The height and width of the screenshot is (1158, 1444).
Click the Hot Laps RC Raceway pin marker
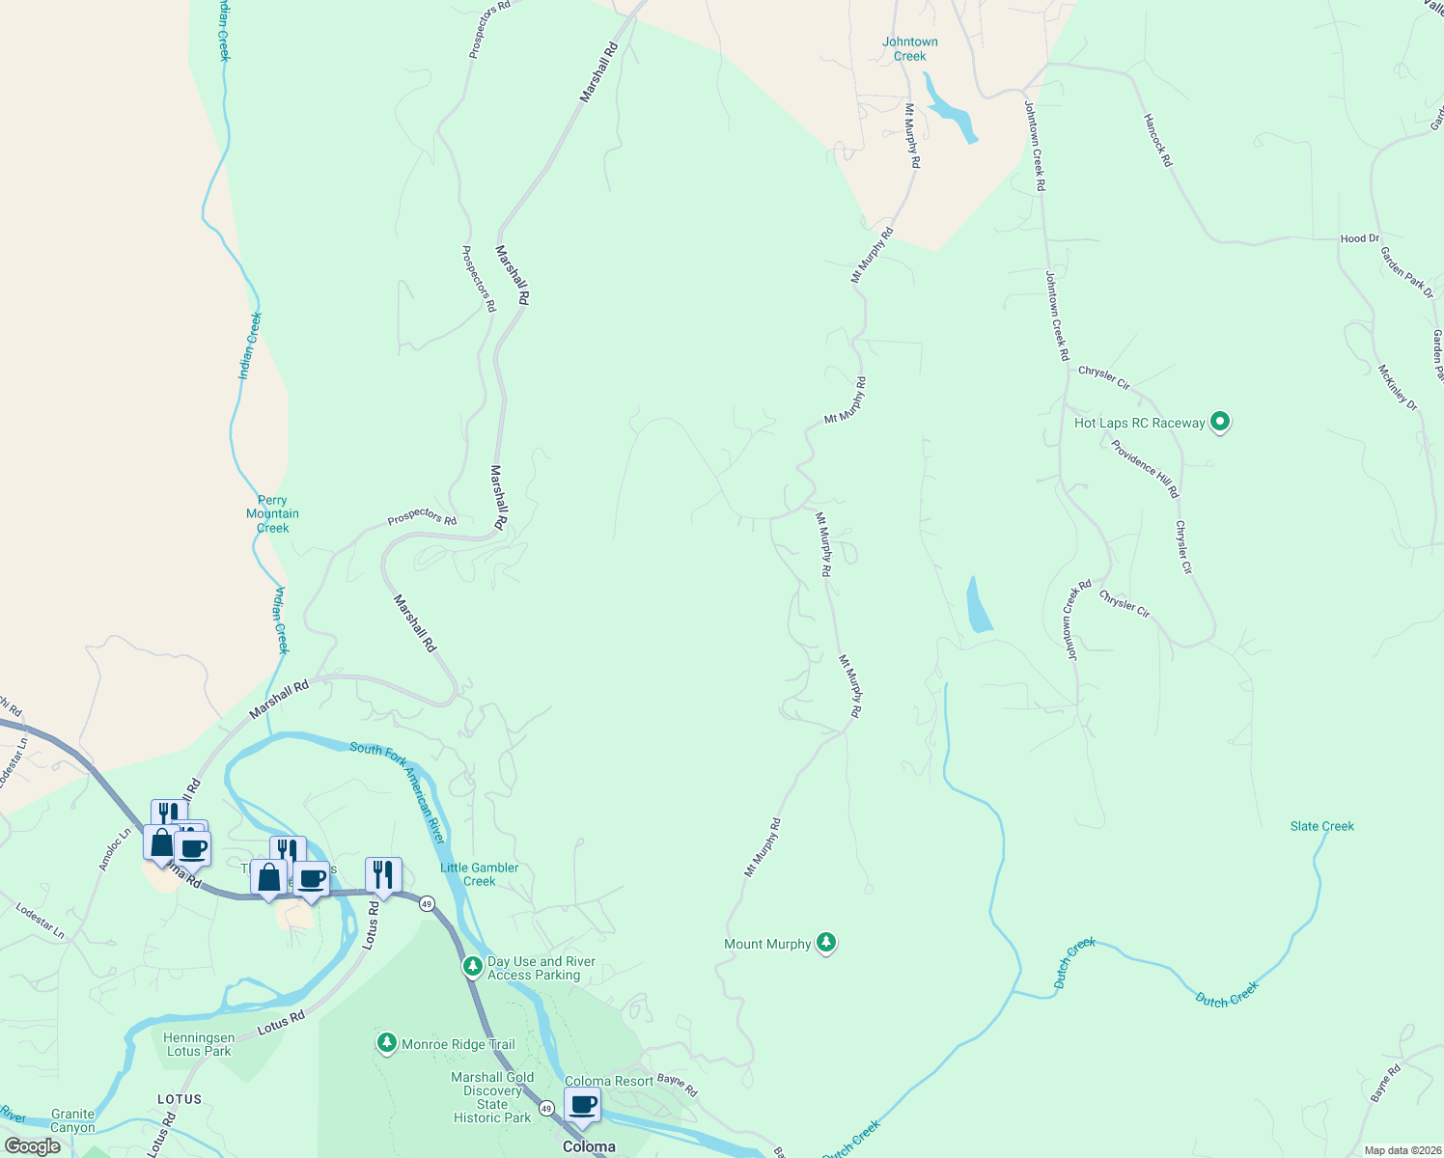point(1220,422)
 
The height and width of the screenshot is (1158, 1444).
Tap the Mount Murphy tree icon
point(825,943)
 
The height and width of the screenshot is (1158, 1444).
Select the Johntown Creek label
point(909,49)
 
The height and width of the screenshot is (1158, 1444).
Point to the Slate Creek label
point(1321,826)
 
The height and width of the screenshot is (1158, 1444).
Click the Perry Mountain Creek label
point(272,514)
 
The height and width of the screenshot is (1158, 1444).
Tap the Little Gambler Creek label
point(479,874)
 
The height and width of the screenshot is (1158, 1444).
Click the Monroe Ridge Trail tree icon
point(387,1043)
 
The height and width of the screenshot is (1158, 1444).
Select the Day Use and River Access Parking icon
point(472,966)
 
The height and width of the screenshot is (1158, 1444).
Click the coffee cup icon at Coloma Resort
point(582,1105)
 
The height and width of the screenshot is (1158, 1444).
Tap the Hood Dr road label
point(1359,238)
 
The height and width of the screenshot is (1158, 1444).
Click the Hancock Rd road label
point(1156,141)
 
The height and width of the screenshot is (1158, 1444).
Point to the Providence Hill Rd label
point(1145,469)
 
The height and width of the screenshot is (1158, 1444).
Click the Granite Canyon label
point(73,1120)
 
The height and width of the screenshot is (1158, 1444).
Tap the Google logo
point(33,1146)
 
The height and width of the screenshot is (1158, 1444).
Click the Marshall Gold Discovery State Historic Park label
point(492,1097)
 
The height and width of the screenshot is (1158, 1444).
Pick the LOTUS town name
point(180,1099)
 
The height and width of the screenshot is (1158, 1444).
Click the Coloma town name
point(589,1147)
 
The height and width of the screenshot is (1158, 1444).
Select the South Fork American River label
point(398,792)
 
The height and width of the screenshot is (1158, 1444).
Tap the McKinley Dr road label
point(1397,388)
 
